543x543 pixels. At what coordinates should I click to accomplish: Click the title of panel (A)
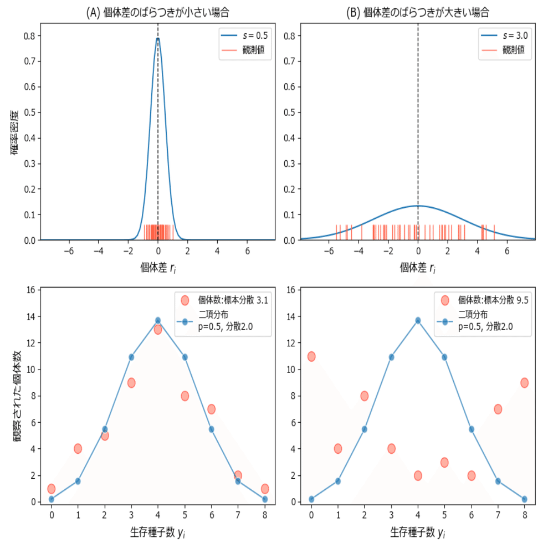coord(158,13)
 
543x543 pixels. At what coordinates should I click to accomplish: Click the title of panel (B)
coord(418,13)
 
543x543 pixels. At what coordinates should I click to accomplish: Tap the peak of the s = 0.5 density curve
coord(158,39)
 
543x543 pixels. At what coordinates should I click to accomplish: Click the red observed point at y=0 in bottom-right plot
coord(311,356)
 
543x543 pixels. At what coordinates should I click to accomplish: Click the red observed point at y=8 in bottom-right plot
coord(524,383)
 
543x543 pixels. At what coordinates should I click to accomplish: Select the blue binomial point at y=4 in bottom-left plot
coord(158,321)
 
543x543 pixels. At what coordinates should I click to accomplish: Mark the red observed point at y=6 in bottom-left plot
coord(211,409)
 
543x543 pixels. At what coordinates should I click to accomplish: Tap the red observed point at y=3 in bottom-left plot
coord(131,383)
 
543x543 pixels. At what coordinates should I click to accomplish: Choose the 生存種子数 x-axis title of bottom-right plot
coord(418,532)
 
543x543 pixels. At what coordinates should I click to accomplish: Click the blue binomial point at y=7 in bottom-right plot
coord(498,481)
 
